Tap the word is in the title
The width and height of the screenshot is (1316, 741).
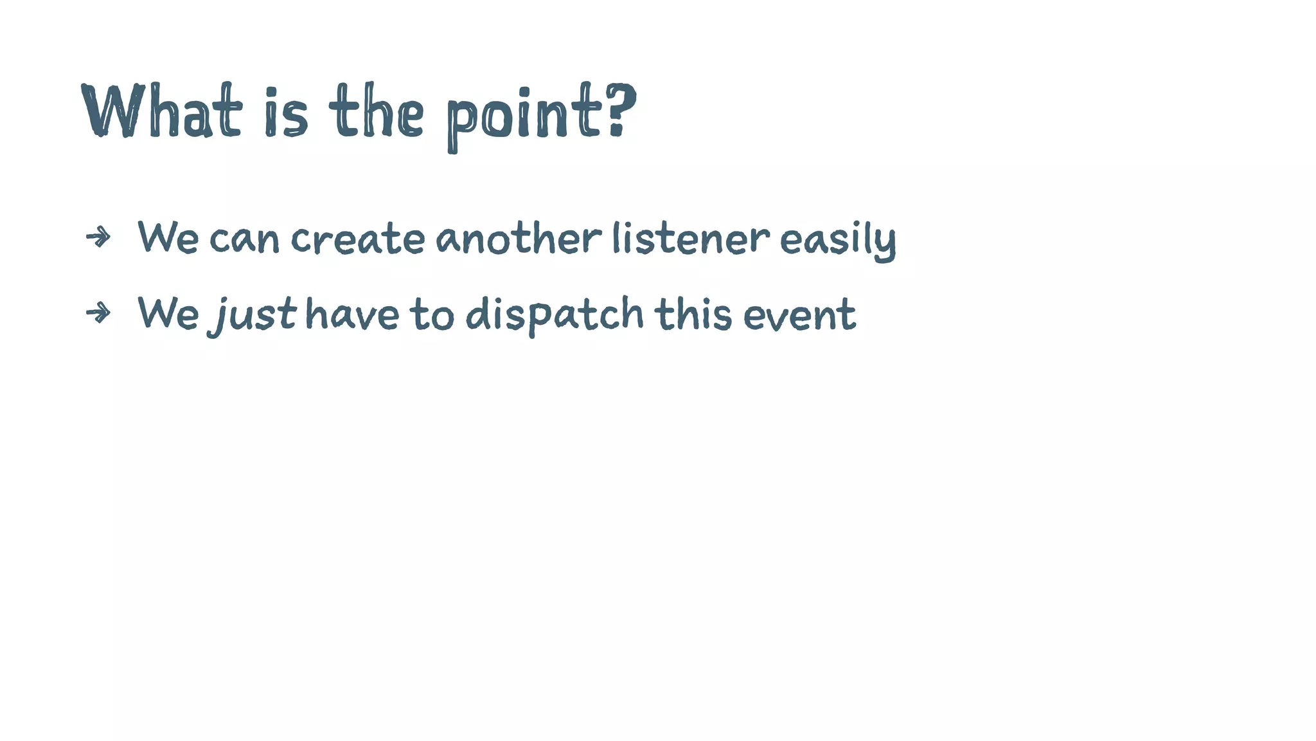pyautogui.click(x=286, y=113)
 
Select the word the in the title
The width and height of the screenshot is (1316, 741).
pyautogui.click(x=377, y=112)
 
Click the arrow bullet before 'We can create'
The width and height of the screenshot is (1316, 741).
pyautogui.click(x=98, y=237)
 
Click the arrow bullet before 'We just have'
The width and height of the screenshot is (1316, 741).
pyautogui.click(x=98, y=313)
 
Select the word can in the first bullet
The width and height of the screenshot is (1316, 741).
pyautogui.click(x=244, y=239)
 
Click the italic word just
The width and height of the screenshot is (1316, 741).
pyautogui.click(x=253, y=315)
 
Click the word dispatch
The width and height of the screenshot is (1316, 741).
pyautogui.click(x=554, y=315)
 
